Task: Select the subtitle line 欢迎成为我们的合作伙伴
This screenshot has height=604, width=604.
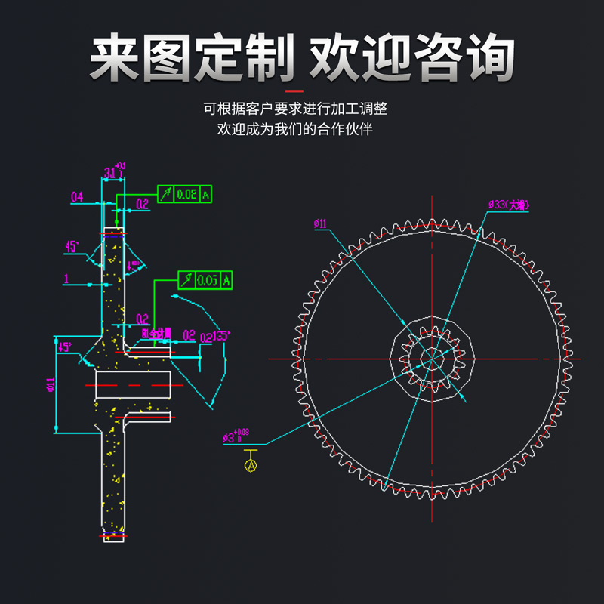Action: pyautogui.click(x=295, y=129)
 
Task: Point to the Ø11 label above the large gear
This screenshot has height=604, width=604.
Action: pyautogui.click(x=320, y=224)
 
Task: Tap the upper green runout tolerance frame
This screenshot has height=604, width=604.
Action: pyautogui.click(x=184, y=194)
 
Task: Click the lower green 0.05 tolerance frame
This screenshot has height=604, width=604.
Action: pyautogui.click(x=205, y=280)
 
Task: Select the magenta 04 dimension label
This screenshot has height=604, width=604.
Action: pyautogui.click(x=77, y=198)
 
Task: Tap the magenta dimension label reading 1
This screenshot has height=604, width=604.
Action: pyautogui.click(x=66, y=279)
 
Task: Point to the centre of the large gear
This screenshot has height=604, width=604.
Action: pyautogui.click(x=431, y=358)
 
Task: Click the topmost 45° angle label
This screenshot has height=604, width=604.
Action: pyautogui.click(x=72, y=247)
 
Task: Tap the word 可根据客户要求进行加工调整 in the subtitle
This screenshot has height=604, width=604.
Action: pyautogui.click(x=295, y=109)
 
